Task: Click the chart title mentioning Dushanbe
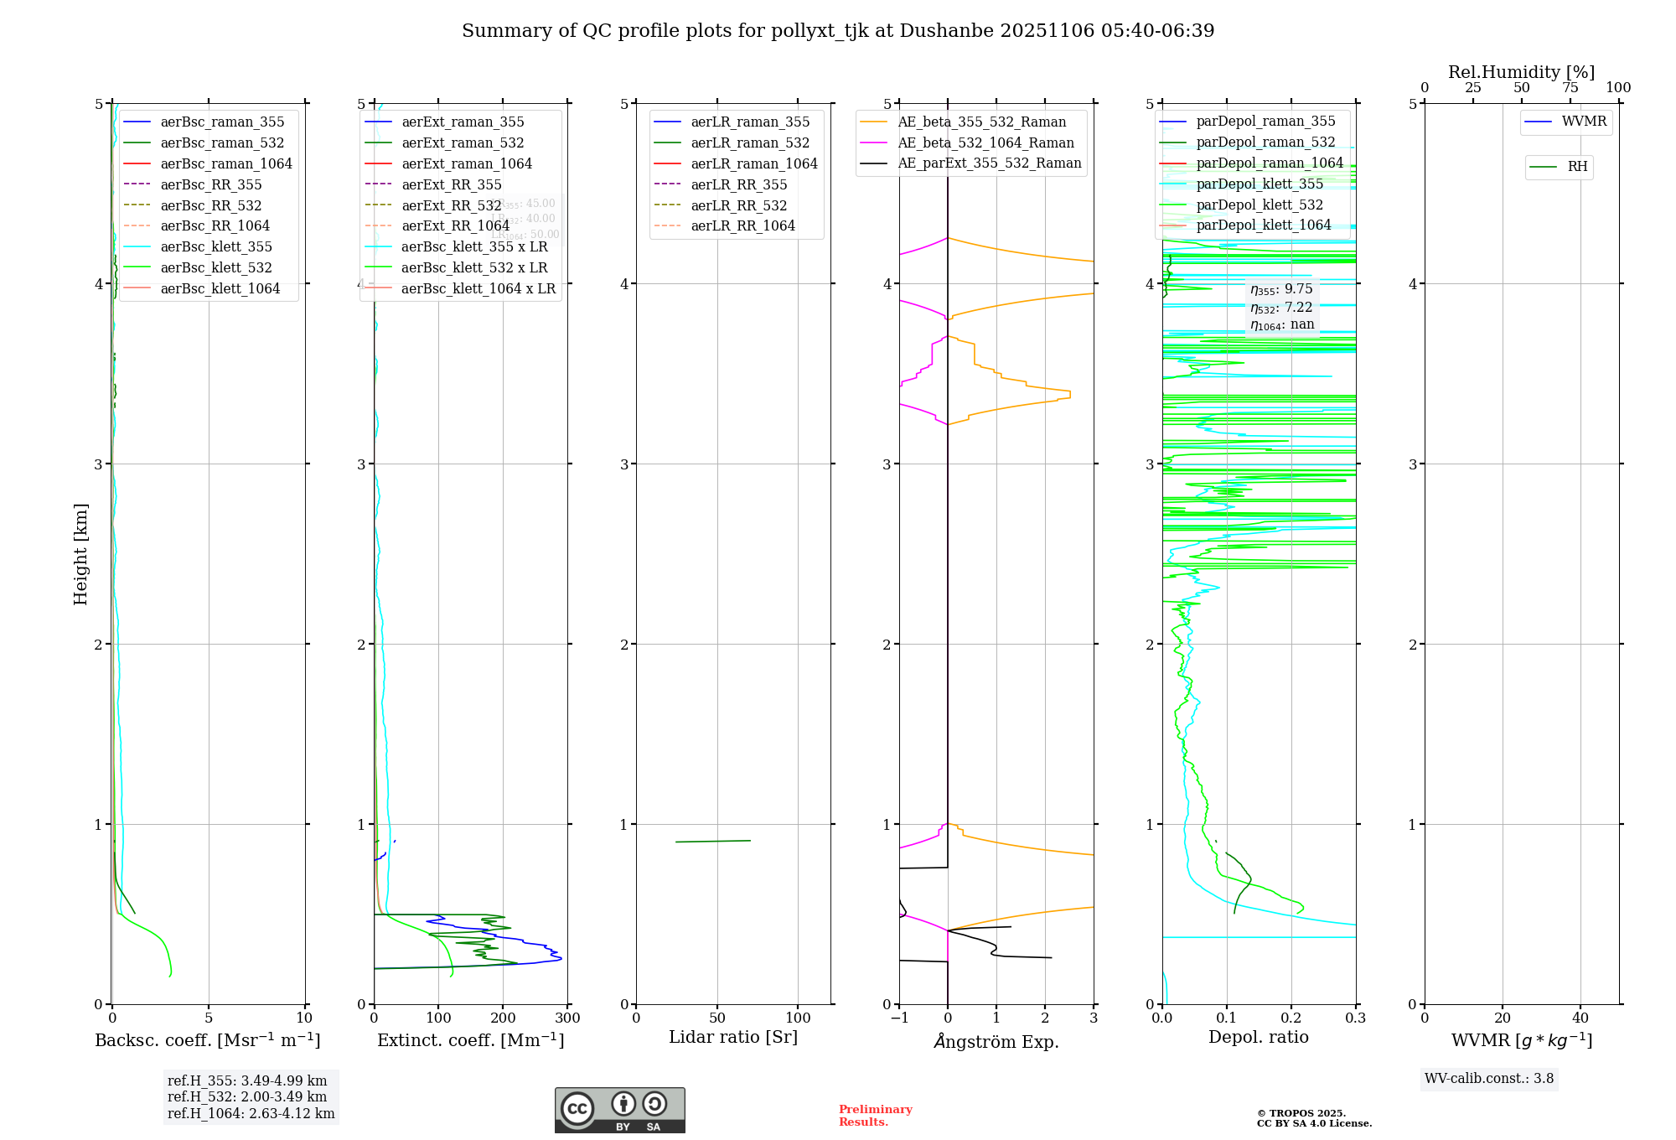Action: click(838, 31)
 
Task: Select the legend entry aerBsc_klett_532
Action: click(216, 267)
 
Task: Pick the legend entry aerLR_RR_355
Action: click(738, 184)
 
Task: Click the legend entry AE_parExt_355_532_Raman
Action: click(989, 163)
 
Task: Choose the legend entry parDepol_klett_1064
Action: click(1263, 225)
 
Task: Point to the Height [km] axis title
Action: click(80, 553)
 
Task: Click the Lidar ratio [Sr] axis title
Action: click(733, 1037)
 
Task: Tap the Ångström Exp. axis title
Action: click(996, 1041)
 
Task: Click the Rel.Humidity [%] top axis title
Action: click(1521, 72)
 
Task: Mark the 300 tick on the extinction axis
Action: click(567, 1018)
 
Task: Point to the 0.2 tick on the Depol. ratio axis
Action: click(1291, 1018)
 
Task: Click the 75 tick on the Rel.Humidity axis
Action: click(1570, 88)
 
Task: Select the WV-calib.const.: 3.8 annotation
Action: click(1489, 1079)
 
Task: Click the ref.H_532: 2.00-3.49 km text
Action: click(247, 1097)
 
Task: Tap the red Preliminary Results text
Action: click(875, 1116)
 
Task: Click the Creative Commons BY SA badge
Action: click(619, 1111)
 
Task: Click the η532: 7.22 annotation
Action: click(1281, 308)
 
